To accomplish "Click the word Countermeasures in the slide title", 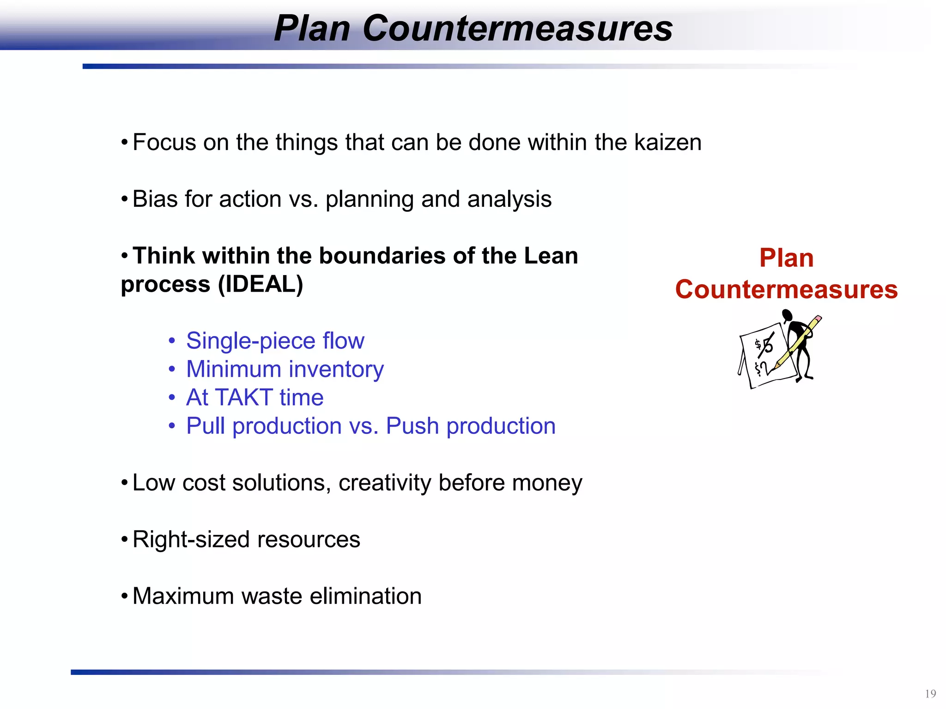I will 517,29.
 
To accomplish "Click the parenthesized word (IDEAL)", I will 260,284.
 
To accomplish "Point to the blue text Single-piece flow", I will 275,341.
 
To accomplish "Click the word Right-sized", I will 191,540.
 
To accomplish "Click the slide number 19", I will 930,694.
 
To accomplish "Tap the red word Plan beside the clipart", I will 786,258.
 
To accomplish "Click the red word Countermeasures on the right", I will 786,290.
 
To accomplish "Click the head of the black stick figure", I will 787,315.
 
